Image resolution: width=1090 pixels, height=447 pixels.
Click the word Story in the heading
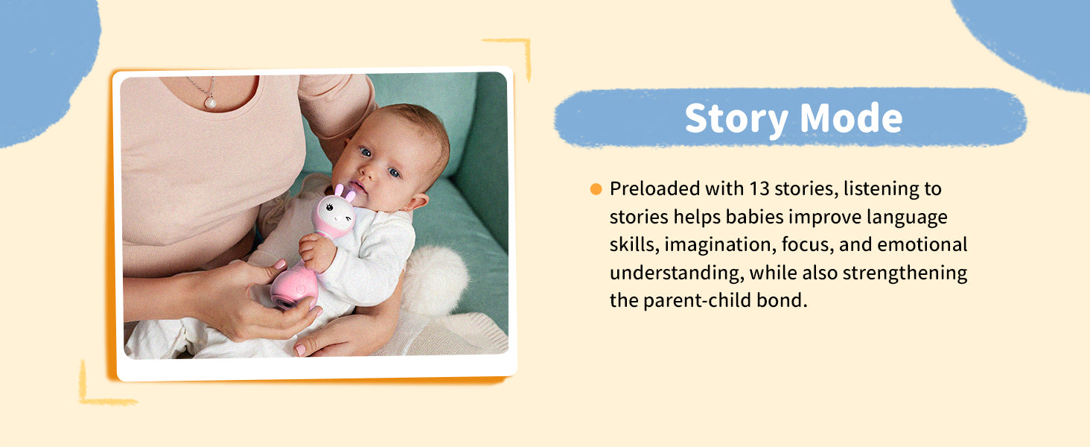click(736, 118)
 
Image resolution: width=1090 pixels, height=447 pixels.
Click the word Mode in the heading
click(851, 118)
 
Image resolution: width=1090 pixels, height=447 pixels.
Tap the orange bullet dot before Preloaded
click(596, 189)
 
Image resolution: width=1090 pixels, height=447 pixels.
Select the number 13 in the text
click(759, 189)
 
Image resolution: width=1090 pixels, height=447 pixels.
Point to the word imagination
click(720, 245)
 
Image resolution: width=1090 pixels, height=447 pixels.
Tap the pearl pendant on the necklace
click(210, 102)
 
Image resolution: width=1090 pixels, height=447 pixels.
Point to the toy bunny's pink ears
click(345, 191)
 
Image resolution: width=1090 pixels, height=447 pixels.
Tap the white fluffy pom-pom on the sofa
click(435, 279)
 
